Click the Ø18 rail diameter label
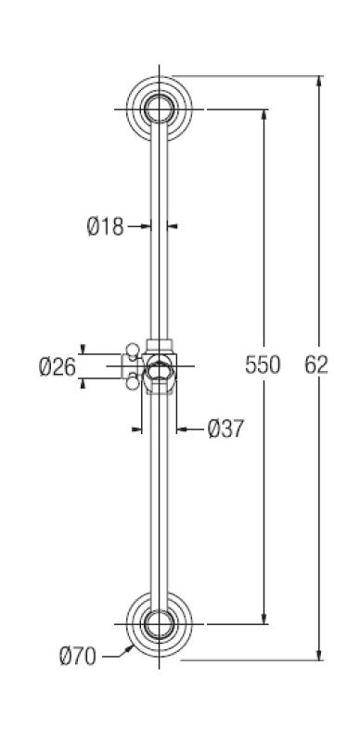(105, 226)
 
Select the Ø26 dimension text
(57, 367)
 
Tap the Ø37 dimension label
(225, 429)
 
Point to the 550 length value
(263, 365)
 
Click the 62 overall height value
(317, 365)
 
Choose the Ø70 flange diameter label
(78, 657)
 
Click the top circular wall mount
(160, 109)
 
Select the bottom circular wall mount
(160, 623)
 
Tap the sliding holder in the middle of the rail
(160, 367)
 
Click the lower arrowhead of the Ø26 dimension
(82, 383)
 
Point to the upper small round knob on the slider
(133, 350)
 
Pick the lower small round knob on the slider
(133, 378)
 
